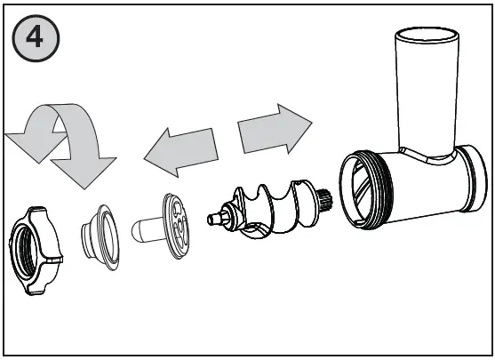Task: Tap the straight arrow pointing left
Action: (183, 148)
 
